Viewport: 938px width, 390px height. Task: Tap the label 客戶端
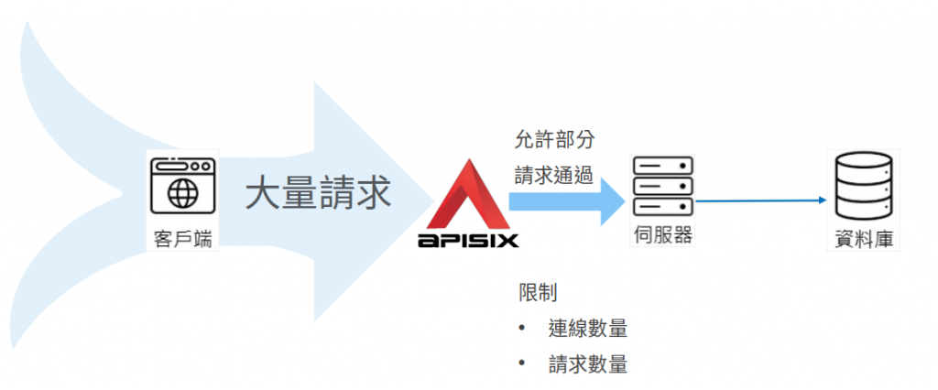[x=183, y=240]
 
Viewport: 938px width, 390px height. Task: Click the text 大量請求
[x=318, y=193]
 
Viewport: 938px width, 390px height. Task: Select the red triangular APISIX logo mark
[x=468, y=196]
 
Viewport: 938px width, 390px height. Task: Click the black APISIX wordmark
[x=468, y=241]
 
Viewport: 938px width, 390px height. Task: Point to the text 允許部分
[x=553, y=140]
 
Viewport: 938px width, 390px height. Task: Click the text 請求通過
[x=553, y=175]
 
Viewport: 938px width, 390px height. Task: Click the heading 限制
[x=538, y=294]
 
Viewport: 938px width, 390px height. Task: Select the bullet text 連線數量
[x=587, y=329]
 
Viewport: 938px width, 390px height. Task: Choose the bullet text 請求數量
[x=587, y=363]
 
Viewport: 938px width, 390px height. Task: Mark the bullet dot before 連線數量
[x=521, y=329]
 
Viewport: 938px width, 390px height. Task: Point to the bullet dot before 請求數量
[x=521, y=363]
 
